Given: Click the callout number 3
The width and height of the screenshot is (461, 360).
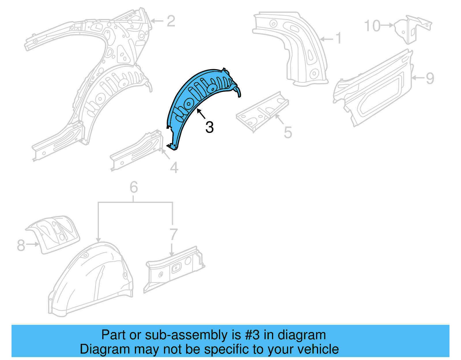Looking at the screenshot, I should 209,127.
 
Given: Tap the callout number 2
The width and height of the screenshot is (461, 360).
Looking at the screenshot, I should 171,21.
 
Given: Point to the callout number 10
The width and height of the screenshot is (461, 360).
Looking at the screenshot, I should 372,26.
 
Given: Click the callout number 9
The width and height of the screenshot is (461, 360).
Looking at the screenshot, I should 430,78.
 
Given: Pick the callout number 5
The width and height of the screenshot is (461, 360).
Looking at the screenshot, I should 288,133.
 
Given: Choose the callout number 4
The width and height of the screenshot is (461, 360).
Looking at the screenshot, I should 174,167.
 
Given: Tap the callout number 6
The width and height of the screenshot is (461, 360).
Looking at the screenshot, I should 133,187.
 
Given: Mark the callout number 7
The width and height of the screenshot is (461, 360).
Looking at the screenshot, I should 173,234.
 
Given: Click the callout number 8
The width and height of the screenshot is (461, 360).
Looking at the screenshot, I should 21,245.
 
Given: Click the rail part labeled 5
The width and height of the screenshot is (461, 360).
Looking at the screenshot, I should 262,111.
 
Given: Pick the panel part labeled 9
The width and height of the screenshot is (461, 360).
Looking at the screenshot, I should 375,89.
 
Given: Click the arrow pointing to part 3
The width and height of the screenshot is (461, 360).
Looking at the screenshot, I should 201,114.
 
